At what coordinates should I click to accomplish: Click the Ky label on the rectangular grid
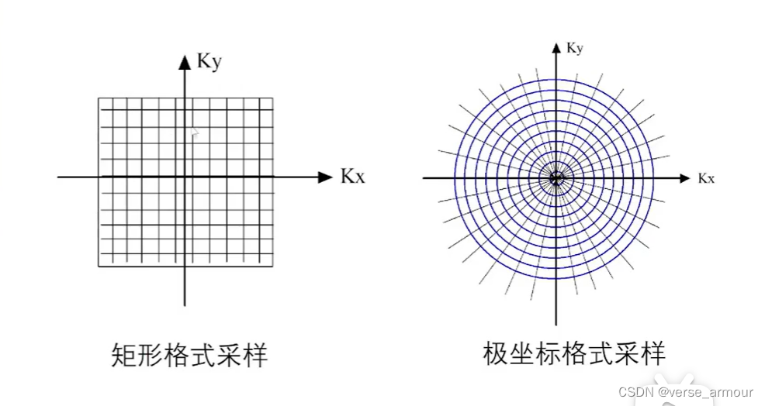[x=209, y=61]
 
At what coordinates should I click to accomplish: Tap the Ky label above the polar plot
[x=575, y=48]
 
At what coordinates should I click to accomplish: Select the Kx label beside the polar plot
[x=706, y=178]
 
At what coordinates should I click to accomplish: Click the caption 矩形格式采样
[x=186, y=356]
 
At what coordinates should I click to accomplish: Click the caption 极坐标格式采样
[x=573, y=354]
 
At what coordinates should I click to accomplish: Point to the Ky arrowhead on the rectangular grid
[x=185, y=62]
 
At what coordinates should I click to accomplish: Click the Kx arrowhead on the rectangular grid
[x=325, y=177]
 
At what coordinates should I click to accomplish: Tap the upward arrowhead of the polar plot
[x=556, y=47]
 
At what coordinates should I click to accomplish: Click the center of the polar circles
[x=556, y=178]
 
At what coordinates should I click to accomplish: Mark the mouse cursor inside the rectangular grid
[x=194, y=133]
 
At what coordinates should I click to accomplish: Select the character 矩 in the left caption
[x=117, y=356]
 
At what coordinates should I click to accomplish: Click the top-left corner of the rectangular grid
[x=99, y=98]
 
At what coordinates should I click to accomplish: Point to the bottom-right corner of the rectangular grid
[x=272, y=267]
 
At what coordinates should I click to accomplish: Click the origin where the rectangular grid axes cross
[x=185, y=177]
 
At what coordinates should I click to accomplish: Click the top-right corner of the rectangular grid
[x=272, y=98]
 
